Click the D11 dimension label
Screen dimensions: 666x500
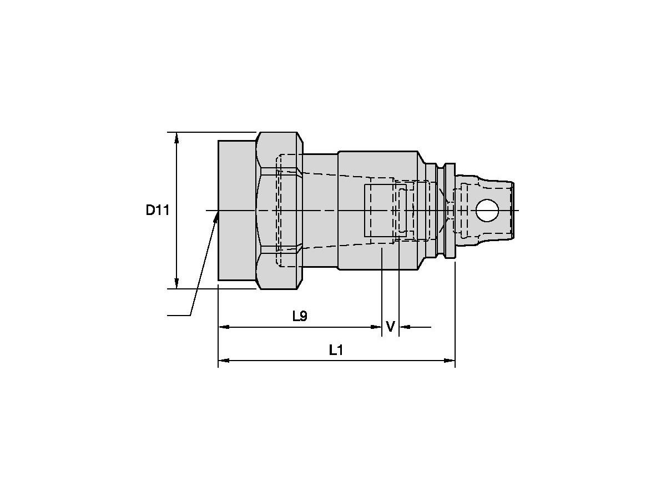[158, 210]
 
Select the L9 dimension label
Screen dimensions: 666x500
[300, 316]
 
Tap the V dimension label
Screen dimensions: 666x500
[390, 327]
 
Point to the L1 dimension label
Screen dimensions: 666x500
[336, 351]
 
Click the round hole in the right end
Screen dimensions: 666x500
[487, 210]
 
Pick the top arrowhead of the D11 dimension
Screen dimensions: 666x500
[176, 138]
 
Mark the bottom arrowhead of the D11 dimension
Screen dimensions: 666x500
[176, 283]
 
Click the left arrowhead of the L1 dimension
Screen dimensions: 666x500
[224, 361]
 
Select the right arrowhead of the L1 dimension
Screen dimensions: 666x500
[450, 361]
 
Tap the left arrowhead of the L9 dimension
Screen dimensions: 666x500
[224, 327]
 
